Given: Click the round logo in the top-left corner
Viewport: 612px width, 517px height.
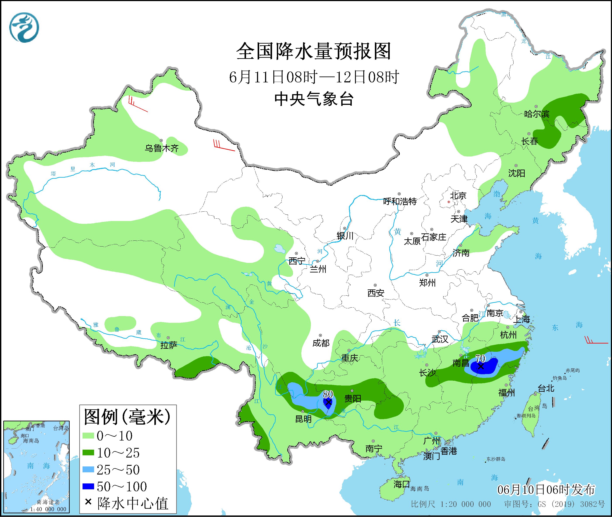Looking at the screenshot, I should point(24,27).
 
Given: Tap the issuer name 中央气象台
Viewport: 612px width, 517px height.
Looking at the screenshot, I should point(314,99).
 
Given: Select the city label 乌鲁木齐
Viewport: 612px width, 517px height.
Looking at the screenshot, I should point(161,148).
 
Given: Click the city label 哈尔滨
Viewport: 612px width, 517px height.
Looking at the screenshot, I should point(536,114).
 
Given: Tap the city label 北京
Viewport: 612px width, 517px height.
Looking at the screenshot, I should point(458,196).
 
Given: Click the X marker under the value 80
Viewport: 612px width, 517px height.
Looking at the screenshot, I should point(328,402).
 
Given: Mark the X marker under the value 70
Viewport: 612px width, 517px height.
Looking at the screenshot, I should point(481,366).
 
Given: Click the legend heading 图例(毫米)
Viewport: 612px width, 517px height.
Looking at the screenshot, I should point(127,417).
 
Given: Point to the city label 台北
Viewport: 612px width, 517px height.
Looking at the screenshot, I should point(546,389).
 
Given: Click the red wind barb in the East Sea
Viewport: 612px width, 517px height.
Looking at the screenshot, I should point(596,341).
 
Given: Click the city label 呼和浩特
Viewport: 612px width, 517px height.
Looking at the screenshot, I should point(400,201).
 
